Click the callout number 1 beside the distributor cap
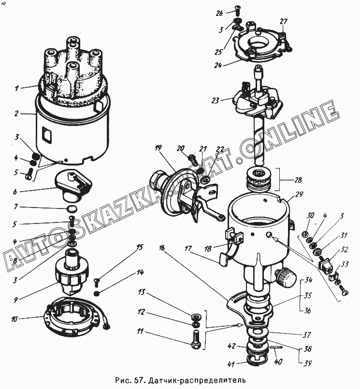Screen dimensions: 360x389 point(16,88)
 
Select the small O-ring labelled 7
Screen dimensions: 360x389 point(72,209)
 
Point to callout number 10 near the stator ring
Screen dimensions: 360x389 point(14,319)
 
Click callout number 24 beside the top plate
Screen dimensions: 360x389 point(218,65)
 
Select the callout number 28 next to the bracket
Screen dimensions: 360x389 point(298,180)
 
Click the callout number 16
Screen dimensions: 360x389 point(162,248)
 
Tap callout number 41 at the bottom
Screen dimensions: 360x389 point(231,364)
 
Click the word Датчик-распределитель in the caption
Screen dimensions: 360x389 point(197,380)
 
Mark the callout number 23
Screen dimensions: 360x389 point(216,100)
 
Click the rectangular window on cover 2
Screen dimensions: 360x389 point(47,134)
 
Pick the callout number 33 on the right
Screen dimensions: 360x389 point(345,264)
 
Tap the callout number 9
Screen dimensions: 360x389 point(16,300)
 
